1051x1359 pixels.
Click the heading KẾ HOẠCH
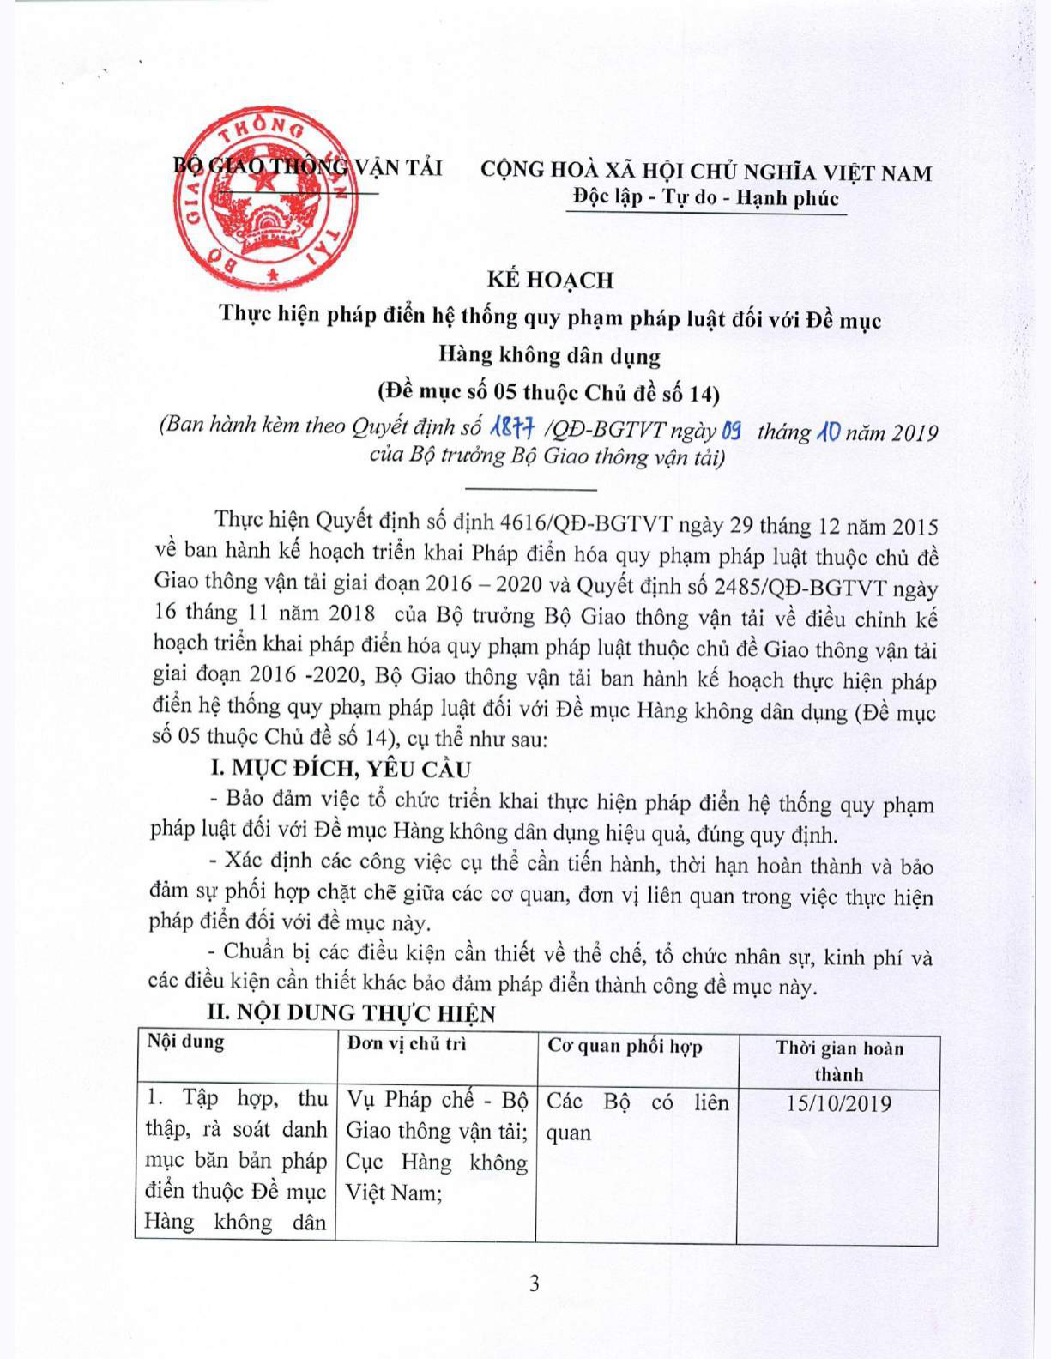click(x=550, y=280)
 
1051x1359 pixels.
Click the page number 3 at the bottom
click(x=534, y=1283)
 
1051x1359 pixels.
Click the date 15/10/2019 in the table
click(x=838, y=1103)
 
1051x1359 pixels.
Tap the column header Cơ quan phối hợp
click(x=625, y=1047)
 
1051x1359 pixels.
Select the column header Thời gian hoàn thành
click(x=839, y=1060)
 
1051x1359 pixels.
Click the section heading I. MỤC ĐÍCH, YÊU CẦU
click(x=340, y=769)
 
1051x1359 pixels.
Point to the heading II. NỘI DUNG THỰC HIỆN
click(x=352, y=1013)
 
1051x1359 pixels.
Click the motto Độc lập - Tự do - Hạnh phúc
click(x=705, y=198)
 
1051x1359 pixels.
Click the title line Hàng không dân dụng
click(x=549, y=355)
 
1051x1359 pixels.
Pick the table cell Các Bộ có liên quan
click(x=637, y=1117)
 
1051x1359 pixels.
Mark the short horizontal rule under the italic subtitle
click(x=529, y=489)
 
